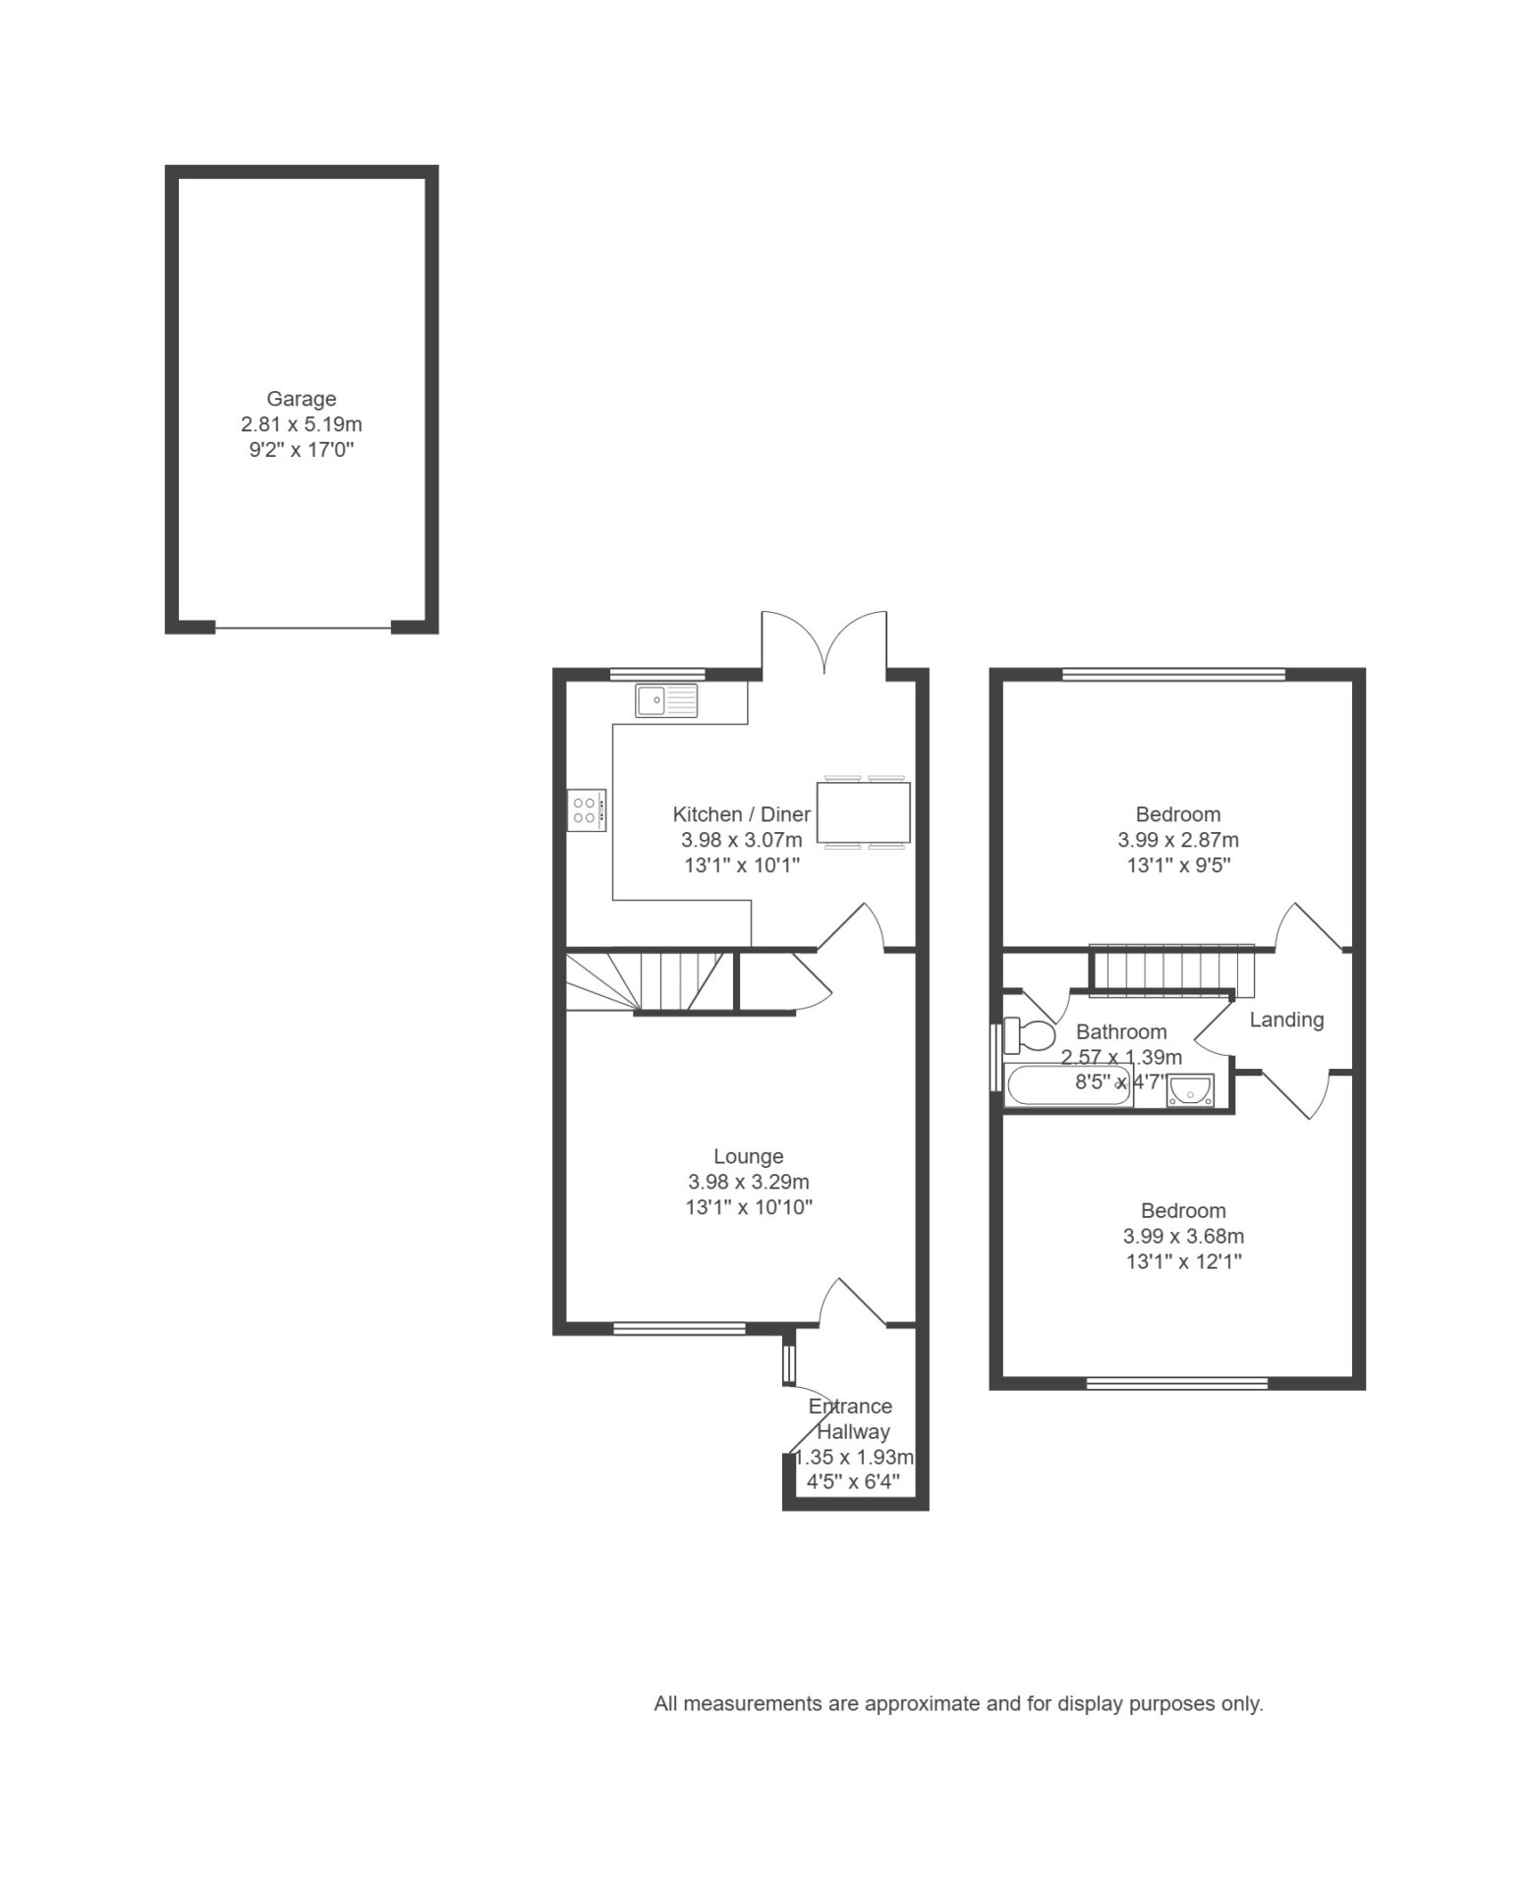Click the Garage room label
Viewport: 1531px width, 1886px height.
pyautogui.click(x=302, y=399)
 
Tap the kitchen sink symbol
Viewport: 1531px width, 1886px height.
pyautogui.click(x=666, y=700)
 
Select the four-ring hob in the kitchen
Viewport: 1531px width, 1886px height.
pyautogui.click(x=587, y=809)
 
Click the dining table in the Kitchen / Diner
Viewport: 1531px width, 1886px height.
pyautogui.click(x=863, y=811)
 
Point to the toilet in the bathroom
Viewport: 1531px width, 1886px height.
pyautogui.click(x=1029, y=1034)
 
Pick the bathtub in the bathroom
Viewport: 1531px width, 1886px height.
pyautogui.click(x=1069, y=1085)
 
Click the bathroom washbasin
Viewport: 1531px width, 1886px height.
pyautogui.click(x=1190, y=1090)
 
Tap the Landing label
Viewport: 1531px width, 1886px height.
pyautogui.click(x=1286, y=1020)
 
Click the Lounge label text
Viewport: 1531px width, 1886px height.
pyautogui.click(x=749, y=1157)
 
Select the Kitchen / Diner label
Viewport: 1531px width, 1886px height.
pyautogui.click(x=742, y=814)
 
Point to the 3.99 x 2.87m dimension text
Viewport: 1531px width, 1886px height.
pyautogui.click(x=1178, y=840)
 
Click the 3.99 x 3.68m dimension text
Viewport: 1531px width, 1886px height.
pyautogui.click(x=1183, y=1237)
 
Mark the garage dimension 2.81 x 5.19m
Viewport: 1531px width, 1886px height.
pyautogui.click(x=302, y=424)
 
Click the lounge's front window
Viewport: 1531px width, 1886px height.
pyautogui.click(x=679, y=1329)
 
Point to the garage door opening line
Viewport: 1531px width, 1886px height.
pyautogui.click(x=303, y=628)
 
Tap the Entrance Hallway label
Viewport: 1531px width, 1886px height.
pyautogui.click(x=851, y=1418)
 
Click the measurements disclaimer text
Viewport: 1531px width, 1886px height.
pyautogui.click(x=958, y=1704)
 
